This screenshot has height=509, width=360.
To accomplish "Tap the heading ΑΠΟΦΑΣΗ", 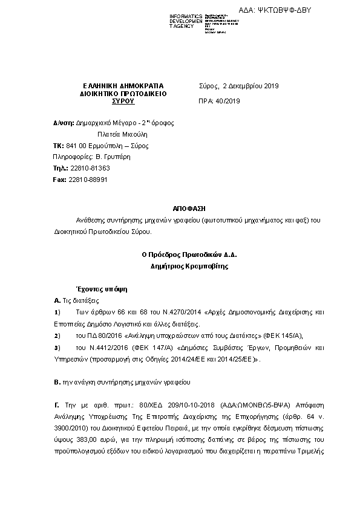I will (x=190, y=208).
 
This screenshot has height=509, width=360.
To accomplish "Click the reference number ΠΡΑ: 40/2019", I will (x=220, y=101).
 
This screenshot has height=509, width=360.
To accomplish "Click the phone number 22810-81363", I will (x=90, y=169).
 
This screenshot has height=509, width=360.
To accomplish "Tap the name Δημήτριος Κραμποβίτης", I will (x=189, y=265).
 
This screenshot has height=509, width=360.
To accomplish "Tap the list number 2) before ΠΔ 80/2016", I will (x=57, y=335).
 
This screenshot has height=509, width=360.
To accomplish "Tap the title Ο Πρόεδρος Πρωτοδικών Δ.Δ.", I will (x=189, y=254).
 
